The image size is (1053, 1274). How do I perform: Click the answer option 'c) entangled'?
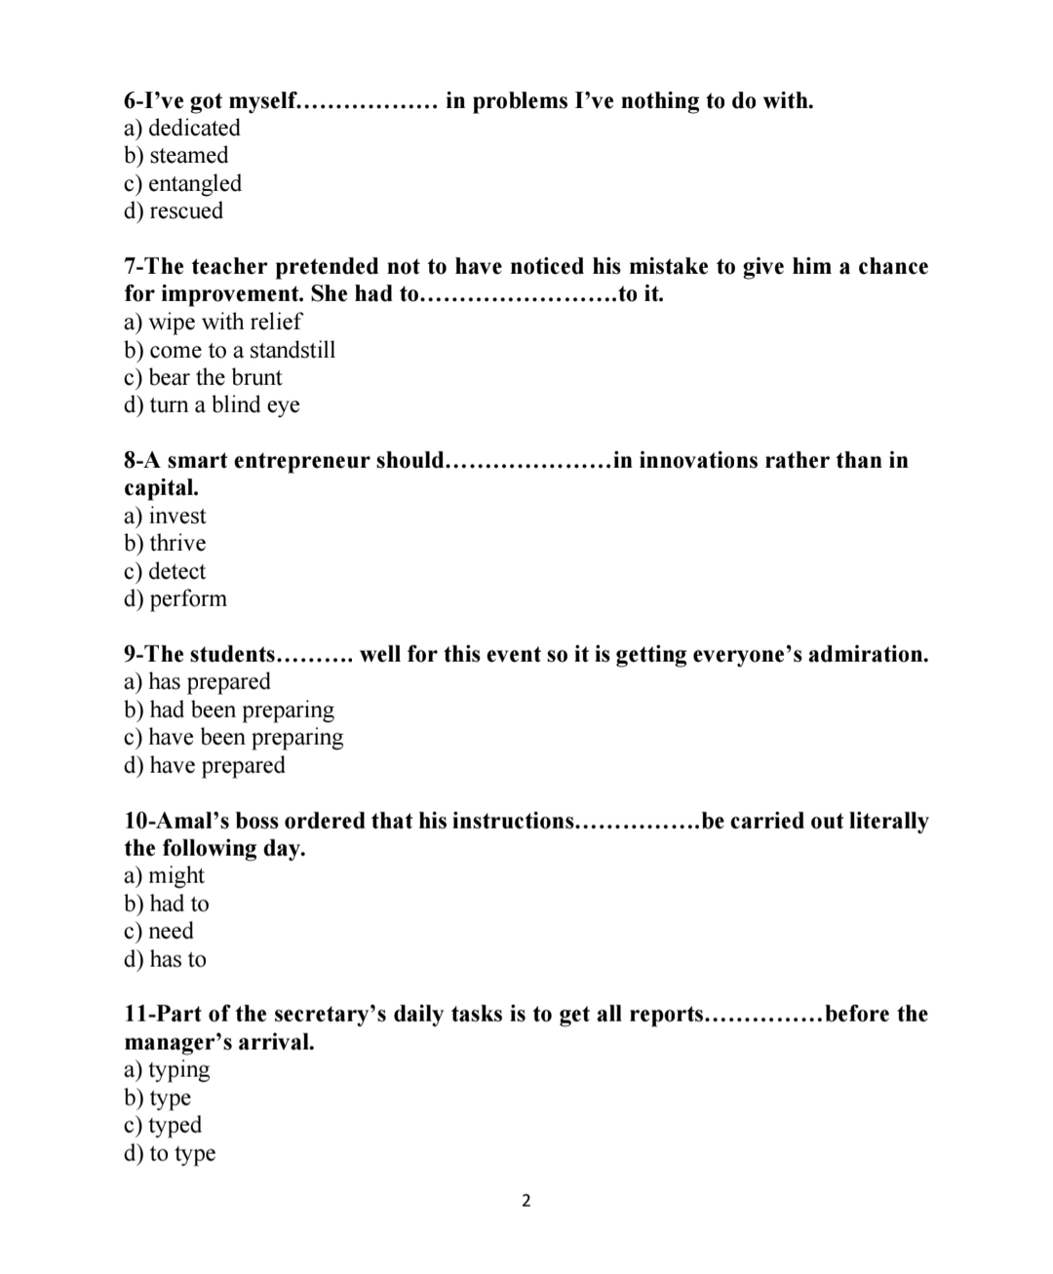[x=182, y=183]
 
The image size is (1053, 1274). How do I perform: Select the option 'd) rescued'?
[x=174, y=211]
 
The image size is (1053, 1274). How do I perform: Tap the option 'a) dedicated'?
[x=181, y=128]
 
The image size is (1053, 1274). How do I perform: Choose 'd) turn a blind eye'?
[x=212, y=405]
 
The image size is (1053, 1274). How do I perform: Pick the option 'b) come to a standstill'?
[x=229, y=350]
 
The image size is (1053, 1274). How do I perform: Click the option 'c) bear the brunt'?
[x=203, y=377]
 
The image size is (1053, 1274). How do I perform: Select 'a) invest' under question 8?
[x=165, y=516]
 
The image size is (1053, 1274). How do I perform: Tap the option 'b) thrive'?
[x=165, y=543]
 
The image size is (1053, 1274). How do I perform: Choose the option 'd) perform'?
[x=175, y=598]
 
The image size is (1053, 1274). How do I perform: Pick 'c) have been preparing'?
[x=234, y=737]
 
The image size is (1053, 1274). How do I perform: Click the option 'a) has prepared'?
[x=197, y=681]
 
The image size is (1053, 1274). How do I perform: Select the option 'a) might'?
[x=164, y=875]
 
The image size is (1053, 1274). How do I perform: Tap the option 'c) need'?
[x=159, y=931]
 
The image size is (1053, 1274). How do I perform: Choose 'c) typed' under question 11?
[x=163, y=1125]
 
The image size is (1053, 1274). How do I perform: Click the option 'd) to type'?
[x=170, y=1153]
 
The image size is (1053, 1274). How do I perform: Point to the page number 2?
[x=526, y=1200]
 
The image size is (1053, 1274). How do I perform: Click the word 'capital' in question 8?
[x=159, y=487]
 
